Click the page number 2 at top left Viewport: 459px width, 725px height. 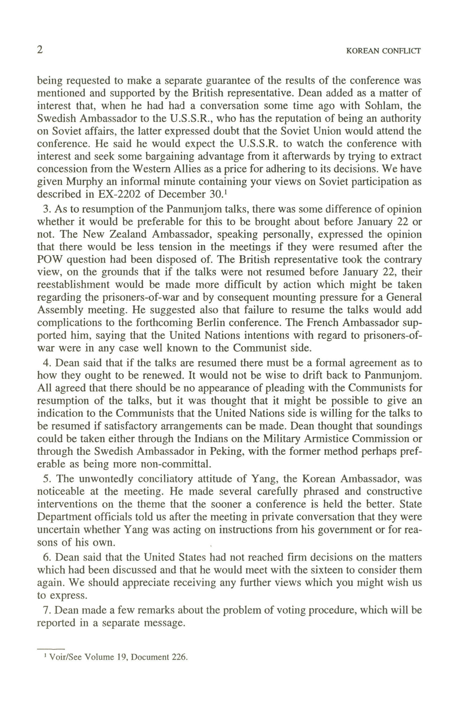[40, 50]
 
